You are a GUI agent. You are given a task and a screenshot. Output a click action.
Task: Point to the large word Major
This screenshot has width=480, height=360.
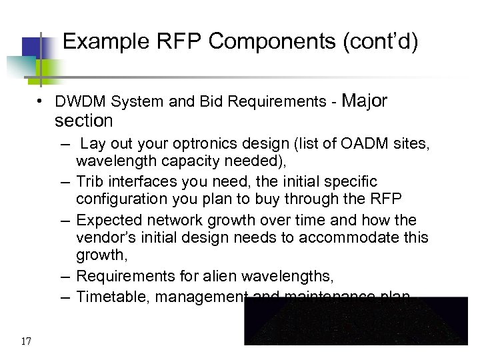[x=364, y=100]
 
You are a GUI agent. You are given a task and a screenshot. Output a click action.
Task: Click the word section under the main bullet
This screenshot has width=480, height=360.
[x=84, y=121]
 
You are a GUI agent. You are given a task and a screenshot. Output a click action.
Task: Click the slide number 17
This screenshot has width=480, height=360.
[x=26, y=342]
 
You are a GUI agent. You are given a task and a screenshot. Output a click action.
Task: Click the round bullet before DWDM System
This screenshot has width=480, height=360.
[x=41, y=102]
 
